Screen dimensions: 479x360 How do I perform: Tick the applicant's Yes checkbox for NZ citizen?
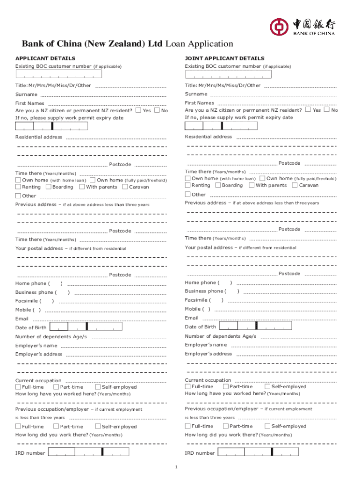coord(138,111)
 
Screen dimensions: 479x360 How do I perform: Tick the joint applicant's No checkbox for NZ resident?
coord(327,110)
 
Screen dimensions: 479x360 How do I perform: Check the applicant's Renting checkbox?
coord(18,187)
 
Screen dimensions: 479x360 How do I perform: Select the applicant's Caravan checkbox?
coord(125,187)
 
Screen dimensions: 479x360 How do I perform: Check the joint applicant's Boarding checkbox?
coord(217,185)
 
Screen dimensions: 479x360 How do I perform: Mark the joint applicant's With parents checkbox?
coord(252,185)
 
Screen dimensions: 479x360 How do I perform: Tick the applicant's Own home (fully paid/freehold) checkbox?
coord(93,180)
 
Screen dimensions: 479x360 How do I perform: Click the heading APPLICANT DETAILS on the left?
coord(45,58)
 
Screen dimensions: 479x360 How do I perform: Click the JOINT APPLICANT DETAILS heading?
coord(224,58)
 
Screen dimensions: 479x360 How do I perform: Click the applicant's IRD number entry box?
coord(89,453)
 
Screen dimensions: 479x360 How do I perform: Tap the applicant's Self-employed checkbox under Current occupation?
coord(98,387)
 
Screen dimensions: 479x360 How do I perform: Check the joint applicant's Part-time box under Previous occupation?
coord(226,426)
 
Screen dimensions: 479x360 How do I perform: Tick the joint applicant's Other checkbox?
coord(187,194)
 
